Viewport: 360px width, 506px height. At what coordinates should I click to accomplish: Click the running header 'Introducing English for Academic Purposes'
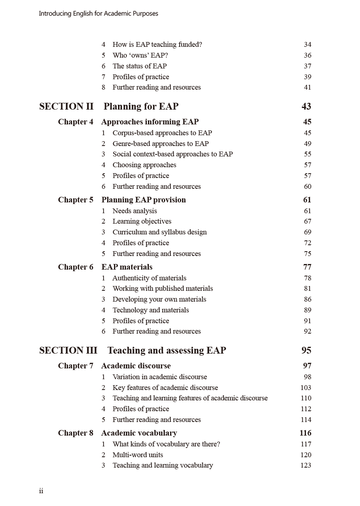tap(98, 14)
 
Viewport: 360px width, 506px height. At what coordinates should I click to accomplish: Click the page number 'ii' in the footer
tap(41, 491)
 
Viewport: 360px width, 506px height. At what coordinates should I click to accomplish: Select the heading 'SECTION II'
tap(66, 106)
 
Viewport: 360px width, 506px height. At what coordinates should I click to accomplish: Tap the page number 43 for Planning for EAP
tap(306, 106)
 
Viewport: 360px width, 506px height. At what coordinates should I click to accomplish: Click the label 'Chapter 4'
tap(76, 122)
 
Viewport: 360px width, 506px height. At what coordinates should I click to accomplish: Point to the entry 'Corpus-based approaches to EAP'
tap(162, 133)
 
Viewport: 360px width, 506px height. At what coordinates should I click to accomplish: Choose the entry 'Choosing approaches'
tap(144, 165)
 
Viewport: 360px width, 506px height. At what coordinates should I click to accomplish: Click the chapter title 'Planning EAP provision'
tap(144, 200)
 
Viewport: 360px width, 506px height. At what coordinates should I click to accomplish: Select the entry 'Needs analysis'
tap(134, 211)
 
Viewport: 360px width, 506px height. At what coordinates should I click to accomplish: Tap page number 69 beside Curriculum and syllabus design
tap(307, 232)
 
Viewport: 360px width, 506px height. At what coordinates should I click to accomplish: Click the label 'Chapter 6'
tap(76, 267)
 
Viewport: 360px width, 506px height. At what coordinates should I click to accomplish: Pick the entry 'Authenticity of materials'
tap(149, 278)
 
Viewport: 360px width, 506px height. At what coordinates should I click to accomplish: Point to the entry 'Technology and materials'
tap(150, 310)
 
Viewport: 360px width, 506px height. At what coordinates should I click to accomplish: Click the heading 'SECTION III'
tap(68, 350)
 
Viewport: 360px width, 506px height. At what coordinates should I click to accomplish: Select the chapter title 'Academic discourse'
tap(136, 366)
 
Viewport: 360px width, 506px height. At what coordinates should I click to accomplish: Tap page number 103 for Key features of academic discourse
tap(306, 388)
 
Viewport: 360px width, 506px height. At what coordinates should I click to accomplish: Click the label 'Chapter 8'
tap(76, 433)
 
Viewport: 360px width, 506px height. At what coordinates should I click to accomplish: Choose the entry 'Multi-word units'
tap(138, 455)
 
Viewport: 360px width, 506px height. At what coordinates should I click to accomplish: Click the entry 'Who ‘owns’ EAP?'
tap(140, 56)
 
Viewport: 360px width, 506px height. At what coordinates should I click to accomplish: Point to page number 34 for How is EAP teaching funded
tap(307, 45)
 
